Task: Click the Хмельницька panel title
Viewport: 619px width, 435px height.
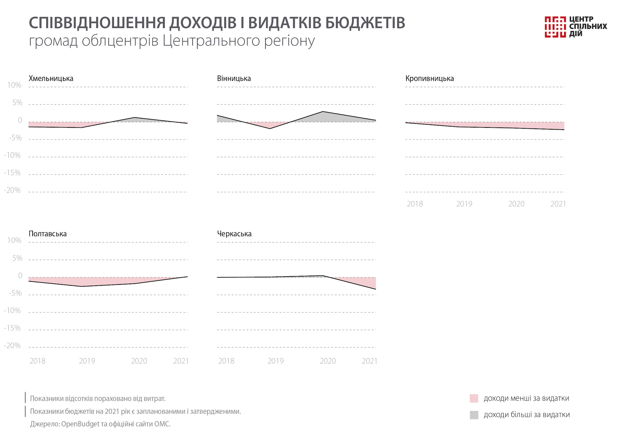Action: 51,79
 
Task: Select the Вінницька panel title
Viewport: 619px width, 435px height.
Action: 234,79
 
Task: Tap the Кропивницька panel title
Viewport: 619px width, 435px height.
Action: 430,79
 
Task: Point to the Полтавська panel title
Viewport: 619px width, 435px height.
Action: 48,234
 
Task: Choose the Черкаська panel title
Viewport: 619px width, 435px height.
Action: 234,234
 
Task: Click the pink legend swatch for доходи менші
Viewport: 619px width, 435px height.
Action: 474,398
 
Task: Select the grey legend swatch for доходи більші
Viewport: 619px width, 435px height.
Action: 474,415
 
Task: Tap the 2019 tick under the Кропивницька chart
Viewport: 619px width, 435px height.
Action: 464,204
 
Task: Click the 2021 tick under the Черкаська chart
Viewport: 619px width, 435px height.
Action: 369,361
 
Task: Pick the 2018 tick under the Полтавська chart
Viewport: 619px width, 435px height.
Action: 37,361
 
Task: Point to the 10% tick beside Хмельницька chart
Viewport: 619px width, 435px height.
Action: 14,85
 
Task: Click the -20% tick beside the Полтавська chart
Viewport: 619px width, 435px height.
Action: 12,346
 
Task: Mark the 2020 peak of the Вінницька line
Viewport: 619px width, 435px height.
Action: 323,112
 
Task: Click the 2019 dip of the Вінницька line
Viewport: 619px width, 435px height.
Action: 270,128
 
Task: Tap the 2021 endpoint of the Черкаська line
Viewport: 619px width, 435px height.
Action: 376,289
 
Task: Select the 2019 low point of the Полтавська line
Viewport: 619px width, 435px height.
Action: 81,286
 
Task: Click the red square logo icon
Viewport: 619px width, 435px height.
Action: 555,27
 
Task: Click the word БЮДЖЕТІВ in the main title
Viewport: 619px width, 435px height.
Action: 365,23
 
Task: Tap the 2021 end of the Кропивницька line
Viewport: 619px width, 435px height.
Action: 564,130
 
